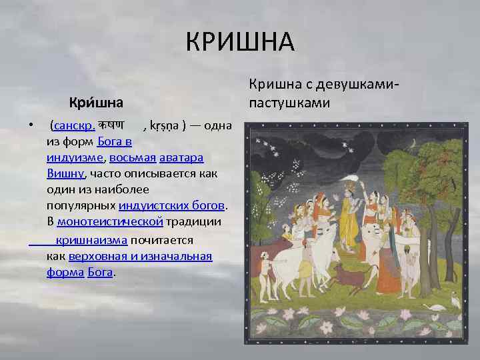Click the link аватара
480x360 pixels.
tap(183, 158)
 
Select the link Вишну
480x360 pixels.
tap(65, 174)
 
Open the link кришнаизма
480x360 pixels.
tap(92, 239)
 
